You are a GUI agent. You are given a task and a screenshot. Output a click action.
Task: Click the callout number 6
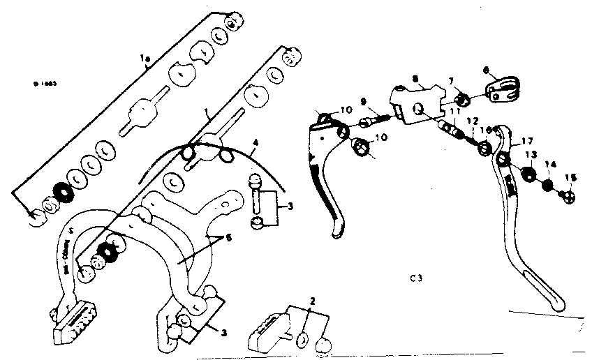(x=487, y=70)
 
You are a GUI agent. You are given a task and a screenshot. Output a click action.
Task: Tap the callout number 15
(x=570, y=178)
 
